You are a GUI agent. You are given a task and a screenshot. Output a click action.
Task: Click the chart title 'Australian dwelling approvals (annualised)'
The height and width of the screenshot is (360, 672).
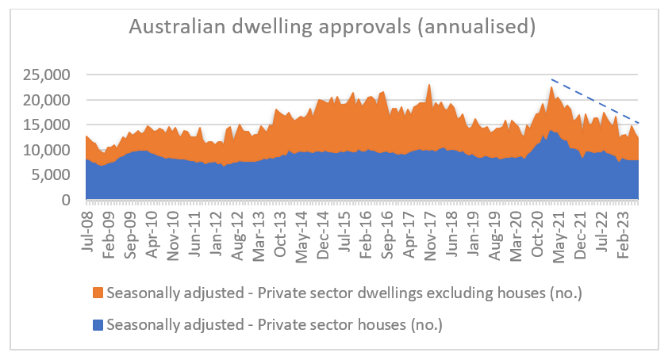(332, 28)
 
